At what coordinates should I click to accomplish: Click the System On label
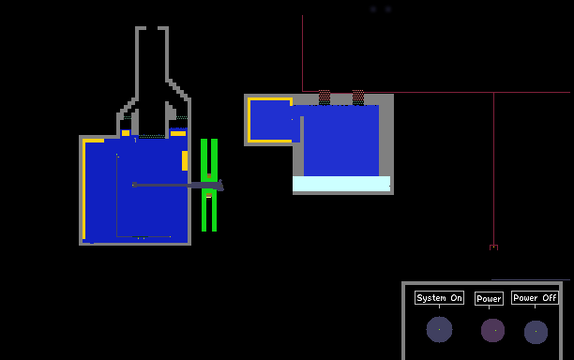tap(439, 298)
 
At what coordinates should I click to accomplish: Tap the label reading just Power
tap(489, 298)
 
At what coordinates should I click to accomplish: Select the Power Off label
tap(535, 298)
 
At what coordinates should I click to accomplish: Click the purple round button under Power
tap(492, 330)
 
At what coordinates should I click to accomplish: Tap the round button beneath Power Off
tap(536, 332)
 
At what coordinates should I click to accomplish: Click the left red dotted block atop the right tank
tap(325, 97)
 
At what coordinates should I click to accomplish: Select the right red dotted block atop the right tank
tap(358, 97)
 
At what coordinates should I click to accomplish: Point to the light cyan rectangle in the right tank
tap(341, 184)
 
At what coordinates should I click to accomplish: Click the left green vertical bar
tap(204, 185)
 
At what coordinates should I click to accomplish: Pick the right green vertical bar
tap(215, 185)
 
